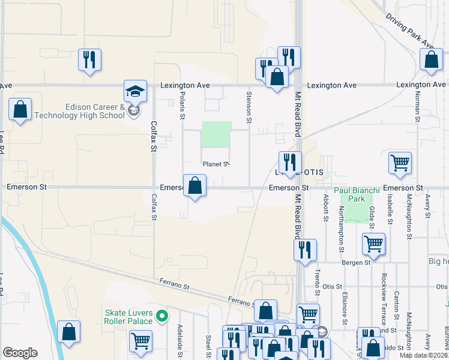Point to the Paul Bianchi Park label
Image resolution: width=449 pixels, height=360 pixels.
[357, 193]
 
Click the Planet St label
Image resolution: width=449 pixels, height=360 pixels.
[216, 164]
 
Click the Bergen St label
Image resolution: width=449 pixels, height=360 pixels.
[355, 263]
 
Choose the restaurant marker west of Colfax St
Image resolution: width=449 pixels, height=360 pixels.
[89, 59]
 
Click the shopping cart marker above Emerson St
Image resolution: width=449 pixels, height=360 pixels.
[400, 163]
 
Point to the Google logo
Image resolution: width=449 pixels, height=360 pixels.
[20, 353]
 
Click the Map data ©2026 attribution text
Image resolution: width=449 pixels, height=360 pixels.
[424, 355]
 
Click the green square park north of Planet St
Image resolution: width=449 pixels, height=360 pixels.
[216, 134]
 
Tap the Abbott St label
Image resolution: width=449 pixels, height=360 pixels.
[325, 207]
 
